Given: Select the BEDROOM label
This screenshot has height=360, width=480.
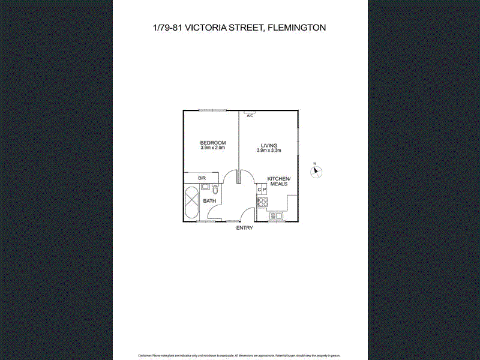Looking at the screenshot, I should click(x=212, y=142).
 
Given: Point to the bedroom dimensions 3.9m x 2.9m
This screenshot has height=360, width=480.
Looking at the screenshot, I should click(x=212, y=148).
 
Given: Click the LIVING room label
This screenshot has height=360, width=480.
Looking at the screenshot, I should click(x=269, y=145).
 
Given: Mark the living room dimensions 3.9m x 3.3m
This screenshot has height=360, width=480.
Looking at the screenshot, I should click(x=269, y=151).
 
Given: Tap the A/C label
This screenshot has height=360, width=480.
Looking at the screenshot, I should click(x=250, y=115).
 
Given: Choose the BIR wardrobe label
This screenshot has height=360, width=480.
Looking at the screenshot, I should click(x=202, y=178).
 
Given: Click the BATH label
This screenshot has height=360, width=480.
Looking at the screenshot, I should click(x=209, y=201).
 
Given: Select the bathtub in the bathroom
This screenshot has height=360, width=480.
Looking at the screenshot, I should click(x=192, y=203).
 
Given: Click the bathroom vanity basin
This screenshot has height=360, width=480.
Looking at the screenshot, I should click(x=205, y=187).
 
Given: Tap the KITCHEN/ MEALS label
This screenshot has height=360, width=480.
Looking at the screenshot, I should click(x=278, y=182).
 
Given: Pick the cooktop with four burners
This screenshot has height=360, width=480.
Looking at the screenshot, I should click(x=262, y=202).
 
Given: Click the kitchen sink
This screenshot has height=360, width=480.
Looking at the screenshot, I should click(x=278, y=216).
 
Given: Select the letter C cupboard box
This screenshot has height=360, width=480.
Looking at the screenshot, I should click(x=259, y=190).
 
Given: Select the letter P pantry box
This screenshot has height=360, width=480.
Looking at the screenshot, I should click(x=265, y=190).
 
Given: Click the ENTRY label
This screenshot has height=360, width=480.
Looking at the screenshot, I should click(x=244, y=228).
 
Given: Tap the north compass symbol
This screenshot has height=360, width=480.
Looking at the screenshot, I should click(x=316, y=172).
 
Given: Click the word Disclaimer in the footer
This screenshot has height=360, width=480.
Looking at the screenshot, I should click(x=146, y=356).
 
